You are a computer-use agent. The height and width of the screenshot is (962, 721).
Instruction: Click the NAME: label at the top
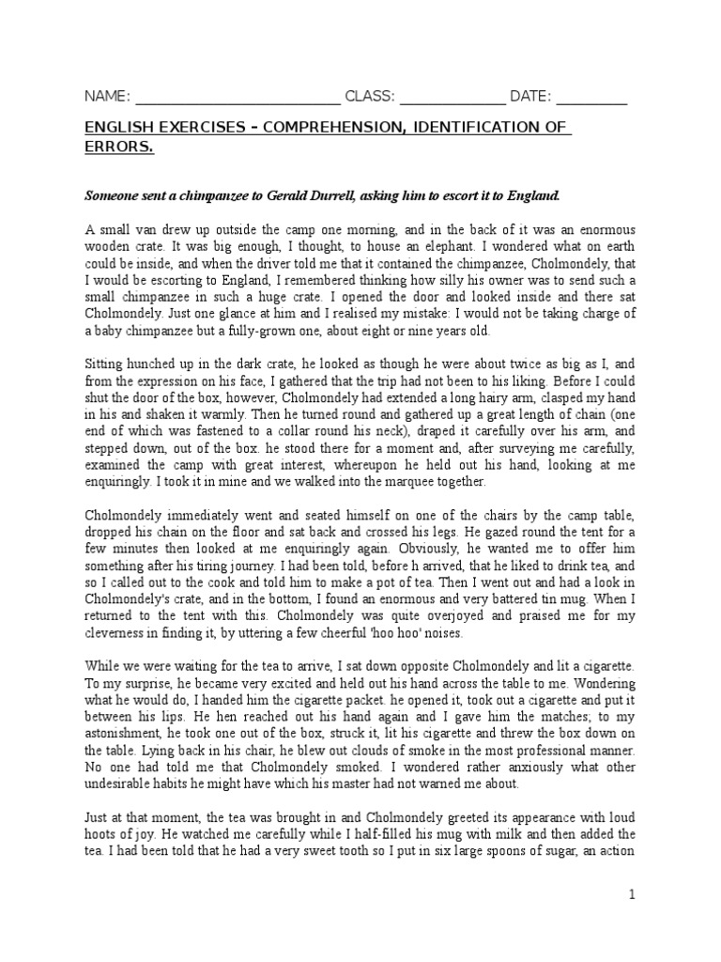pos(108,97)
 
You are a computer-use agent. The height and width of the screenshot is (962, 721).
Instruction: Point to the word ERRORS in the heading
pos(117,147)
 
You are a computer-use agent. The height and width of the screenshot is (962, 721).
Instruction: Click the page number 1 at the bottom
pos(633,895)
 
